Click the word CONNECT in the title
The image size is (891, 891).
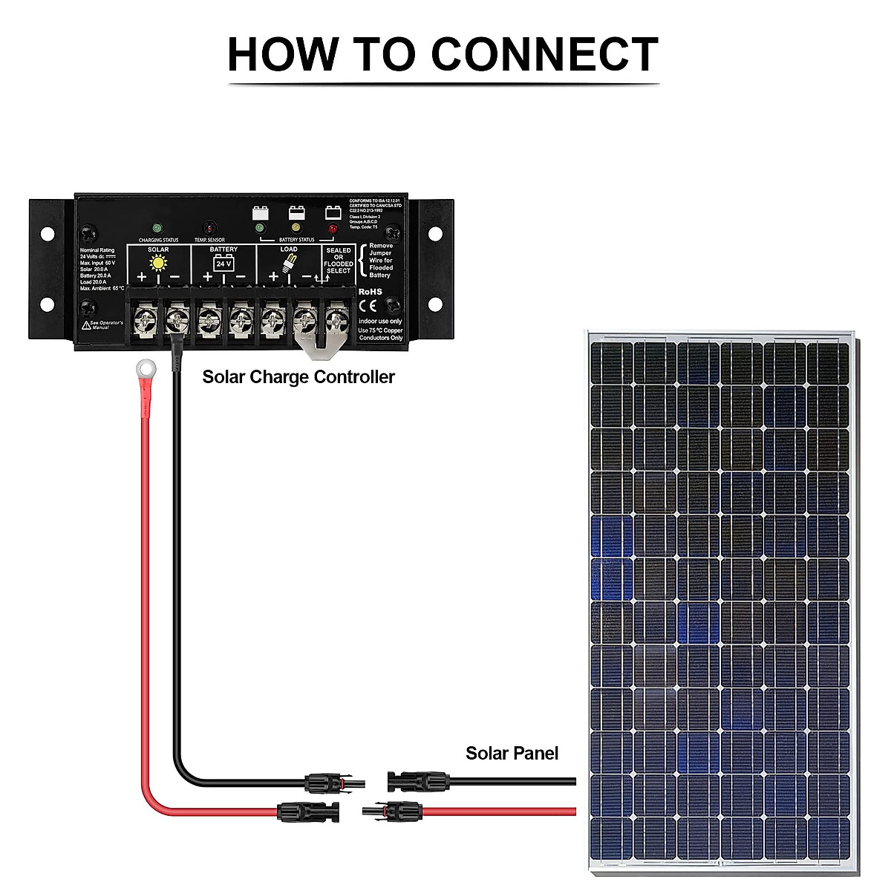544,54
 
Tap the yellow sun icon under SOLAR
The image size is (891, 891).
158,263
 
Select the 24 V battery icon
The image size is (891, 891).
223,263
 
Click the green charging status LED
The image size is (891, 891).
157,228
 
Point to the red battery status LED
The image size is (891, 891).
333,228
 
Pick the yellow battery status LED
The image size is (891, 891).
296,227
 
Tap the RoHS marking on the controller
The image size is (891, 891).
370,292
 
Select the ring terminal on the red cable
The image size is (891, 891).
145,367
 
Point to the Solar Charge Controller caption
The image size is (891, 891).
298,377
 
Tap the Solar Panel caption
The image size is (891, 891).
512,753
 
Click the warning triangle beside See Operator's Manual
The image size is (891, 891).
86,325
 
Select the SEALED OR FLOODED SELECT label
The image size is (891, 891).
339,261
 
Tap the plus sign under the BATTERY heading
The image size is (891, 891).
207,277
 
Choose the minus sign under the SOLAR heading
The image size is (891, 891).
174,277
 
